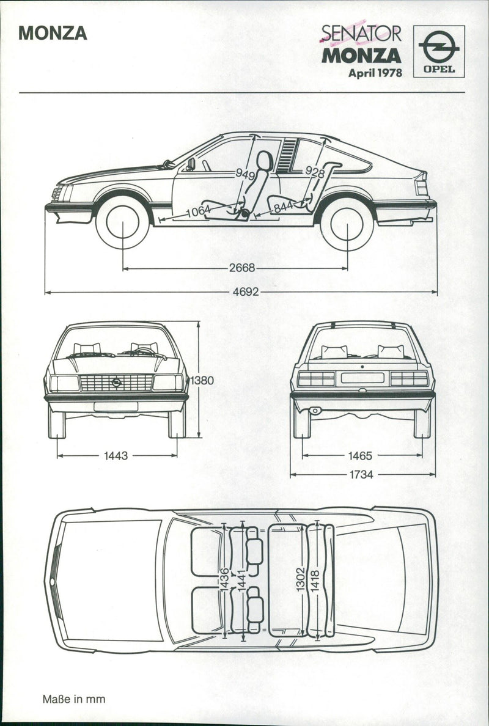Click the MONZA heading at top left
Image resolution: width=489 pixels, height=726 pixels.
[x=53, y=33]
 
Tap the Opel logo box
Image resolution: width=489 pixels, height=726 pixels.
[x=438, y=51]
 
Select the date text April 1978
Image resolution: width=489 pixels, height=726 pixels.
[x=375, y=73]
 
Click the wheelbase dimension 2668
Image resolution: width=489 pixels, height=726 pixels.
[x=242, y=268]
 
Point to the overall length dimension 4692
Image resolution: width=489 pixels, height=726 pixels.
[x=245, y=292]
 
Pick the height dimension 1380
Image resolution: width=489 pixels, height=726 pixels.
[x=202, y=380]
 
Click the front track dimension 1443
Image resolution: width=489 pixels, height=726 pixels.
[x=116, y=455]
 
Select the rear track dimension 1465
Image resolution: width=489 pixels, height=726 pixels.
[x=361, y=455]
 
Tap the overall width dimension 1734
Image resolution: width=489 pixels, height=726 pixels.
[x=361, y=474]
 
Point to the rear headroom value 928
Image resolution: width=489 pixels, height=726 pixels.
[x=315, y=172]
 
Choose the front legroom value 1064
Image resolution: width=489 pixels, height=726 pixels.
[x=198, y=211]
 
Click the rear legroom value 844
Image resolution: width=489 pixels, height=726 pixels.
[x=284, y=208]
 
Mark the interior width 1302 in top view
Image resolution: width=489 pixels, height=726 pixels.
[x=300, y=577]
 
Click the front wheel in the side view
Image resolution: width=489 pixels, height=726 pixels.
[x=122, y=222]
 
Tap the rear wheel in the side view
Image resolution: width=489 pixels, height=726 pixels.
[x=347, y=224]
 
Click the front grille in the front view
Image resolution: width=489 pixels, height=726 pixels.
[x=116, y=383]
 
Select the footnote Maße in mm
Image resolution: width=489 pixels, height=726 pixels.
[x=73, y=698]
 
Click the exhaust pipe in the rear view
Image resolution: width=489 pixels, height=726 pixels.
[x=315, y=411]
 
